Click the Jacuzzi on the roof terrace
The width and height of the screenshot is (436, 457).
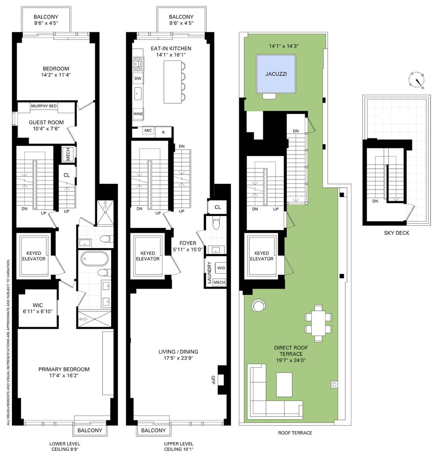coord(276,74)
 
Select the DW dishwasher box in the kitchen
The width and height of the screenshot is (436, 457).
coord(138,78)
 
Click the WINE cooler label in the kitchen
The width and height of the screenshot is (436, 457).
coord(138,114)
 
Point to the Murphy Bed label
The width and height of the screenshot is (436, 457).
coord(44,106)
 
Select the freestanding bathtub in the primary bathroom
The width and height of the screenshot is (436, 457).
coord(95,259)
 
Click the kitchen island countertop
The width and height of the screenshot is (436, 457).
coord(173,82)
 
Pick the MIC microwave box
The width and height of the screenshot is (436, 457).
coord(148,131)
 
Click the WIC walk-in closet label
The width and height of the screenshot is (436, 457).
coord(38,305)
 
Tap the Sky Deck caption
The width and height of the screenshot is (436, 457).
coord(396,233)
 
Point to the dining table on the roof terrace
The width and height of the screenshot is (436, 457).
coord(318,323)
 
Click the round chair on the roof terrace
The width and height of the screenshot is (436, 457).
coord(259,305)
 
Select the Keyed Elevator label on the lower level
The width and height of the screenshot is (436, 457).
coord(34,256)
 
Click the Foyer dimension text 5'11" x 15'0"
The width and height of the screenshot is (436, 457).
coord(188,249)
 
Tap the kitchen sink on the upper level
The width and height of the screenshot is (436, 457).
coord(138,94)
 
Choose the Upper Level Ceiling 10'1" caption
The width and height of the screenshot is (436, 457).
coord(178,446)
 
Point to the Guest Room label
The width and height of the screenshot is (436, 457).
coord(46,123)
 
